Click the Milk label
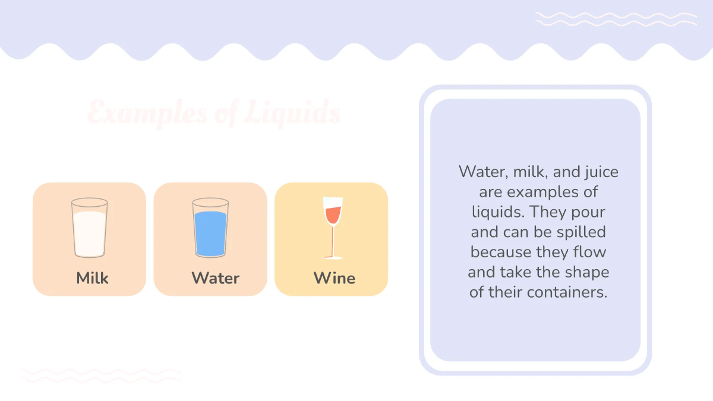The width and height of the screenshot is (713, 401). point(92,278)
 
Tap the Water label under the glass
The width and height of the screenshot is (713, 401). point(215,278)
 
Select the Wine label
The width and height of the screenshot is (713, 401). point(334,278)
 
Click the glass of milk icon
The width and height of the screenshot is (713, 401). point(90,228)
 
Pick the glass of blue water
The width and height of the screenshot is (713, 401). point(210,228)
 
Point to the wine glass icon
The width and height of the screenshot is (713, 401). point(333,228)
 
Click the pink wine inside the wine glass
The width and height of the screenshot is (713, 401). point(333,213)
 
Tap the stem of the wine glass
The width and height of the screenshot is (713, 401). point(333,241)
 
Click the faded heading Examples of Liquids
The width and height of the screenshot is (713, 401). point(214,112)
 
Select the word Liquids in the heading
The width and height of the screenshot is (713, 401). point(293,112)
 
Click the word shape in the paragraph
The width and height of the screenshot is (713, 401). point(588,272)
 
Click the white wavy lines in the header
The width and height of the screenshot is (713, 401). point(616,19)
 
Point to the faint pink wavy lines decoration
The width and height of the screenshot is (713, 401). point(101,375)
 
